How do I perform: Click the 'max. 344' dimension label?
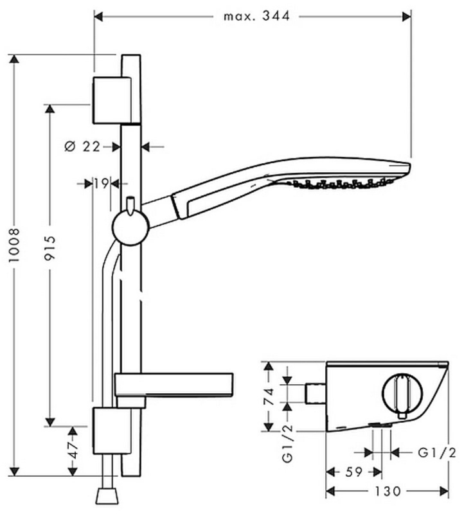tap(257, 15)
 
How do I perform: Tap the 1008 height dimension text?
tap(14, 245)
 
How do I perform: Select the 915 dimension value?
tap(50, 247)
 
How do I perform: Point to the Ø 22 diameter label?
tap(82, 146)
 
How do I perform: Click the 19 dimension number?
tap(102, 184)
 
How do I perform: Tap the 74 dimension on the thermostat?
tap(269, 396)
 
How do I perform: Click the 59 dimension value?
tap(354, 472)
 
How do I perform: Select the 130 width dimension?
tap(388, 491)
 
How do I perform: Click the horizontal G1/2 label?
tap(437, 453)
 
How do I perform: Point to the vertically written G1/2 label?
tap(287, 445)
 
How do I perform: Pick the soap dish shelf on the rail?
tap(174, 385)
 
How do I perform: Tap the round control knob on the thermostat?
tap(402, 394)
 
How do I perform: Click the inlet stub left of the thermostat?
tap(316, 393)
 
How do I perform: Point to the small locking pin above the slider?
tap(130, 206)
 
